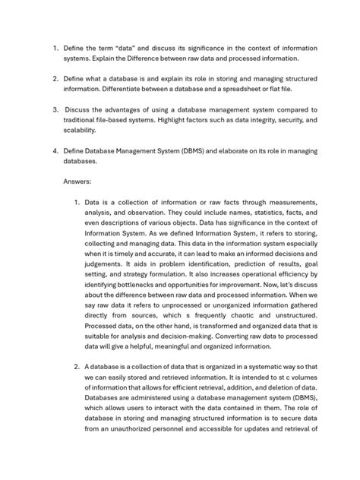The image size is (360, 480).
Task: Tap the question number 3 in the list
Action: [55, 109]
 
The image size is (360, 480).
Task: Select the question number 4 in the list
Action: [55, 150]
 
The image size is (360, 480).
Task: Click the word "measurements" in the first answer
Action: [290, 204]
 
